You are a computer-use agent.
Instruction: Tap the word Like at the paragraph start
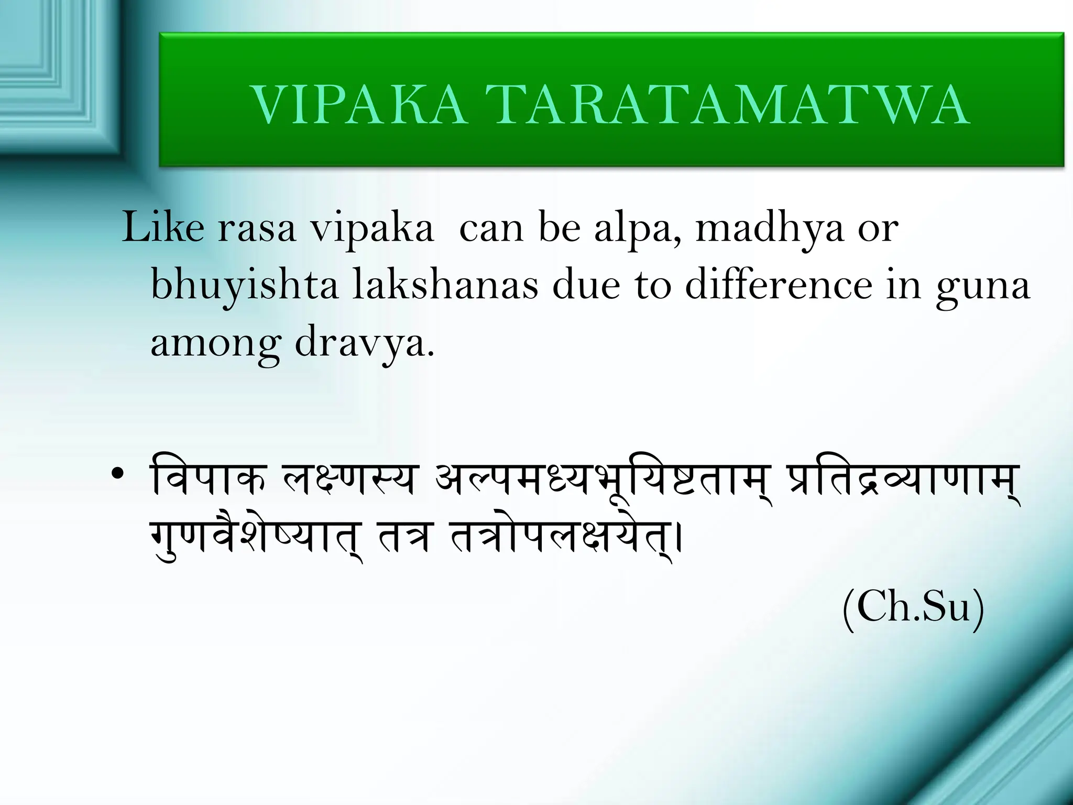pos(163,228)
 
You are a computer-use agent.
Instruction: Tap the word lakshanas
pos(445,286)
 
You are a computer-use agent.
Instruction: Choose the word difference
pos(779,286)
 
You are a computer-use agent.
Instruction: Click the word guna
pos(983,288)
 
